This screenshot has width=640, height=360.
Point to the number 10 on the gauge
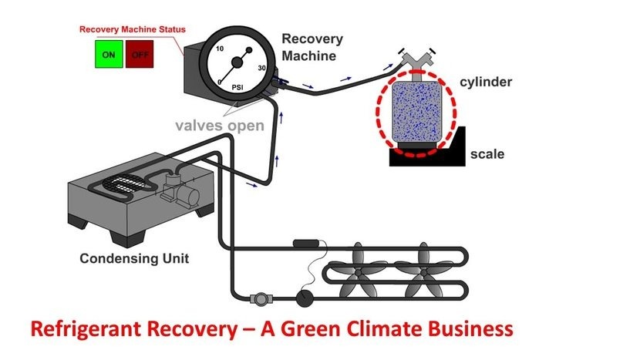[219, 48]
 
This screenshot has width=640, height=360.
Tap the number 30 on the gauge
[261, 69]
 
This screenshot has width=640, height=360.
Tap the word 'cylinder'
[486, 82]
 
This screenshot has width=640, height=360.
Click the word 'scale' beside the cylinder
[487, 154]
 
